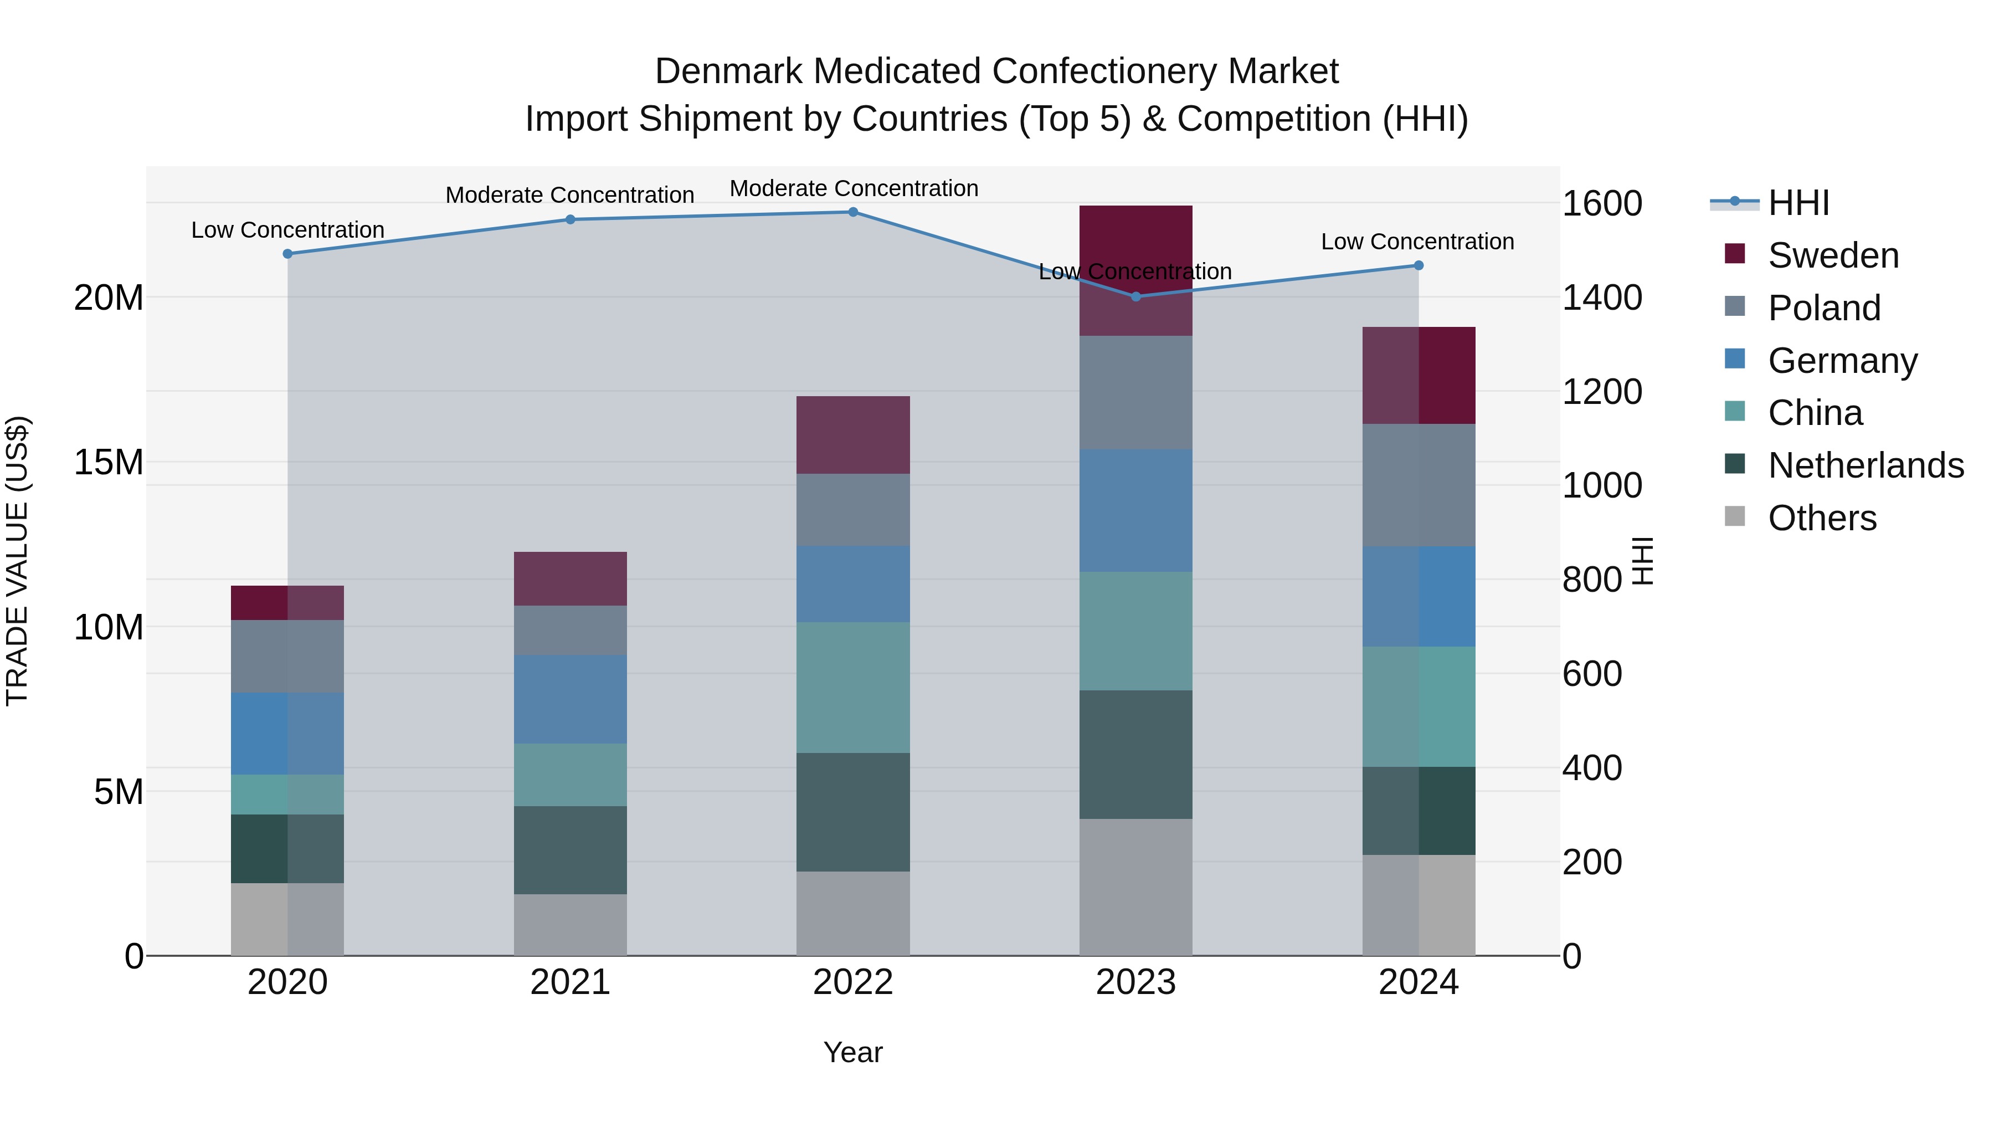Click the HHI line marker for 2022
pos(853,212)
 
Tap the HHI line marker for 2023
pos(1135,296)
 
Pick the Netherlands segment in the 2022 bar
pos(853,812)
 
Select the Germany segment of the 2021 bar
pos(571,699)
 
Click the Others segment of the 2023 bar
pos(1135,888)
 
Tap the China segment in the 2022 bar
pos(853,688)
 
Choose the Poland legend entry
pos(1824,308)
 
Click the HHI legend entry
pos(1798,203)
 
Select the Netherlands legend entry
pos(1865,465)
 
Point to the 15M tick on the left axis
pos(109,462)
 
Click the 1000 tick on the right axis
pos(1601,485)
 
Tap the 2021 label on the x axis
pos(571,982)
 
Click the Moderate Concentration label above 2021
pos(570,195)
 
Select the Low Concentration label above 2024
pos(1417,242)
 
